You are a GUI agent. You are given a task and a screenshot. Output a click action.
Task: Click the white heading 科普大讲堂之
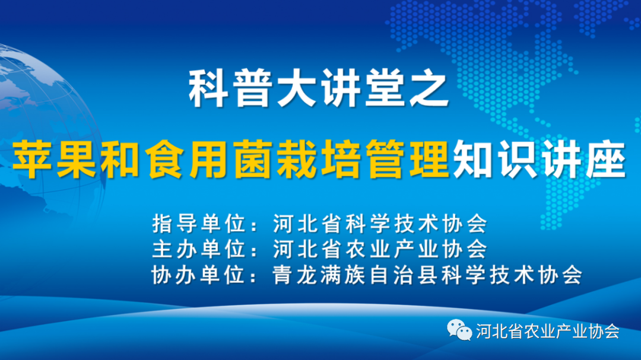(318, 89)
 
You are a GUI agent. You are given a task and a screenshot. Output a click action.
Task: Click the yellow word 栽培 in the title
(318, 160)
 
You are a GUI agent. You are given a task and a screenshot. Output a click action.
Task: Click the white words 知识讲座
(540, 160)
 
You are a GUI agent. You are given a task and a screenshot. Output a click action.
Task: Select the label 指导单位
(199, 224)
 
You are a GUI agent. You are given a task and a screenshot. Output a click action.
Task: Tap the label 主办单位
(199, 249)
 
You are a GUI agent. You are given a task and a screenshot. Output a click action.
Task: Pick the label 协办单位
(199, 275)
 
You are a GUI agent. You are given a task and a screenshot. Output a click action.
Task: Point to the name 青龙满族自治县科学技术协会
(427, 275)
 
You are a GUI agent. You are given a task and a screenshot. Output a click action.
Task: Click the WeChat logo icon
(459, 330)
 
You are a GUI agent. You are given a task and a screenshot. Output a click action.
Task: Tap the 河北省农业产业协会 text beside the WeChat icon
(548, 331)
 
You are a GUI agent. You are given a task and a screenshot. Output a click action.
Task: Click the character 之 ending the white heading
(429, 89)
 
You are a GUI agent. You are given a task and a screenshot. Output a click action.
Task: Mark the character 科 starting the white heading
(208, 89)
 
